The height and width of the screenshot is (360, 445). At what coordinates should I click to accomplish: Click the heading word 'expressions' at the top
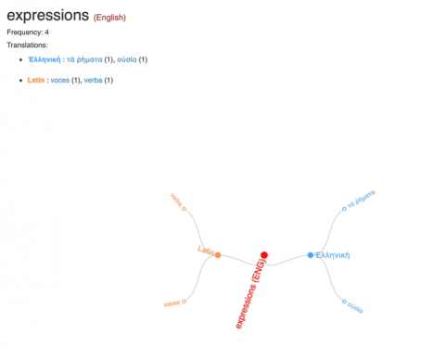tap(47, 16)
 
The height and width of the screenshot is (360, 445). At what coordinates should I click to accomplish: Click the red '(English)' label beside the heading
tap(109, 18)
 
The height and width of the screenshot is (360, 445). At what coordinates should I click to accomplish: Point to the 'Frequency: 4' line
tap(28, 32)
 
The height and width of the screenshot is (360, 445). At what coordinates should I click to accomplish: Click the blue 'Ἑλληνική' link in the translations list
tap(44, 59)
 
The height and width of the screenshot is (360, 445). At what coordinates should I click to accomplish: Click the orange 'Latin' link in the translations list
tap(37, 80)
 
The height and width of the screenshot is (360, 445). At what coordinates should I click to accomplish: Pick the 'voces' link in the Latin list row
tap(59, 80)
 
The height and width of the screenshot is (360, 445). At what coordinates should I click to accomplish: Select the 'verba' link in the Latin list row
tap(93, 80)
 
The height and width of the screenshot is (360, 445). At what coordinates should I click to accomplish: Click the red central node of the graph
tap(264, 254)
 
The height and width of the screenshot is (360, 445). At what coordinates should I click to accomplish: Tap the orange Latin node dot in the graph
tap(218, 255)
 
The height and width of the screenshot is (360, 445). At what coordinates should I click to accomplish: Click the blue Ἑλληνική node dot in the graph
tap(311, 255)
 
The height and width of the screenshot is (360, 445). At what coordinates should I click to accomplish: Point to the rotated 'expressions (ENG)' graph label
tap(250, 295)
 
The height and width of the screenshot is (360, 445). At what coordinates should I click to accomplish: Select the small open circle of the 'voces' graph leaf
tap(185, 301)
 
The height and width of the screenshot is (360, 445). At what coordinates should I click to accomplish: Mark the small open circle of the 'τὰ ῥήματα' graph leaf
tap(344, 209)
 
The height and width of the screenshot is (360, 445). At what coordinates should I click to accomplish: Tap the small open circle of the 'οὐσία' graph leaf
tap(344, 301)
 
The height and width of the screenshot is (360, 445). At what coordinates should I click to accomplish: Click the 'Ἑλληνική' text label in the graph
tap(332, 255)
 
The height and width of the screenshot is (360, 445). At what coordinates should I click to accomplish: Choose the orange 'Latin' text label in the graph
tap(205, 251)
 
